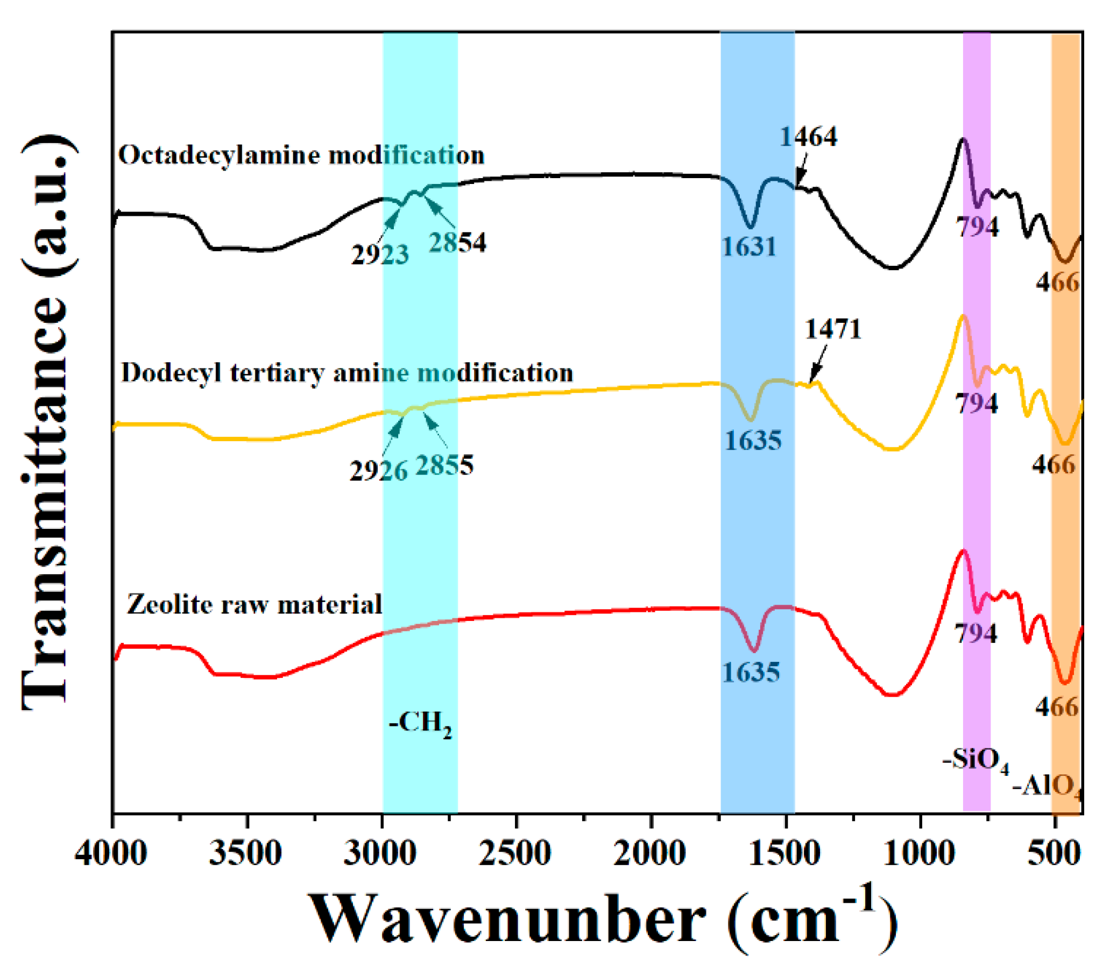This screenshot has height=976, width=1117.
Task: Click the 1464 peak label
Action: click(x=808, y=137)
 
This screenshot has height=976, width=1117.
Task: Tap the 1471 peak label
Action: click(x=833, y=329)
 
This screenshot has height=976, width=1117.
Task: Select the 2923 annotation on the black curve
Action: click(x=379, y=255)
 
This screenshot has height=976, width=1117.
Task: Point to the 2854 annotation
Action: click(x=457, y=242)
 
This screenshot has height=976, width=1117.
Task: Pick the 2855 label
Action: click(x=444, y=465)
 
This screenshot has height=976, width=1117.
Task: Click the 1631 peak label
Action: click(x=749, y=247)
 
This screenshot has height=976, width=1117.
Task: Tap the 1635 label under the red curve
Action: click(x=751, y=673)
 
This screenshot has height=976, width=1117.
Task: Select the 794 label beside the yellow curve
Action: click(x=976, y=404)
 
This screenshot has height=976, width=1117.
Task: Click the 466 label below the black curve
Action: click(x=1057, y=282)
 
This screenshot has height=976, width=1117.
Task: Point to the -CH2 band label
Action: click(x=420, y=724)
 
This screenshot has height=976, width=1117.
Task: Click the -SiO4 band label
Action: click(x=975, y=760)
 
